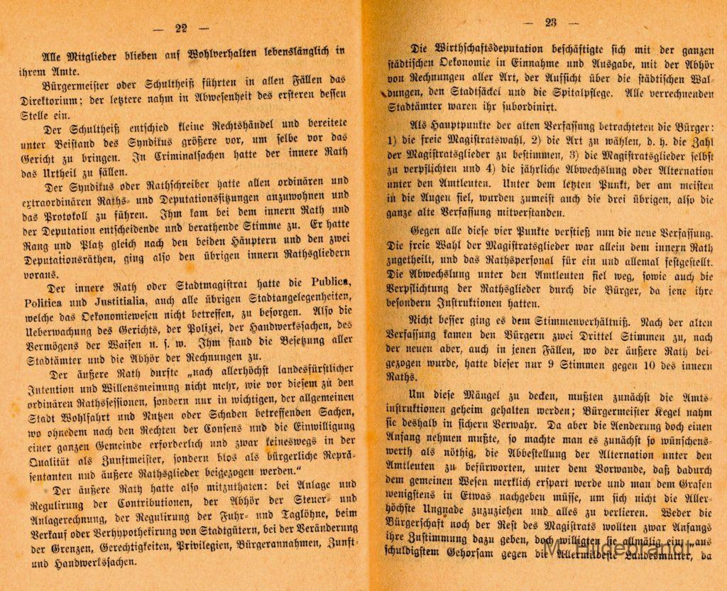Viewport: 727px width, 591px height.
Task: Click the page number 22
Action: tap(181, 28)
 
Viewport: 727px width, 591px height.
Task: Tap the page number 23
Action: tap(550, 22)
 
